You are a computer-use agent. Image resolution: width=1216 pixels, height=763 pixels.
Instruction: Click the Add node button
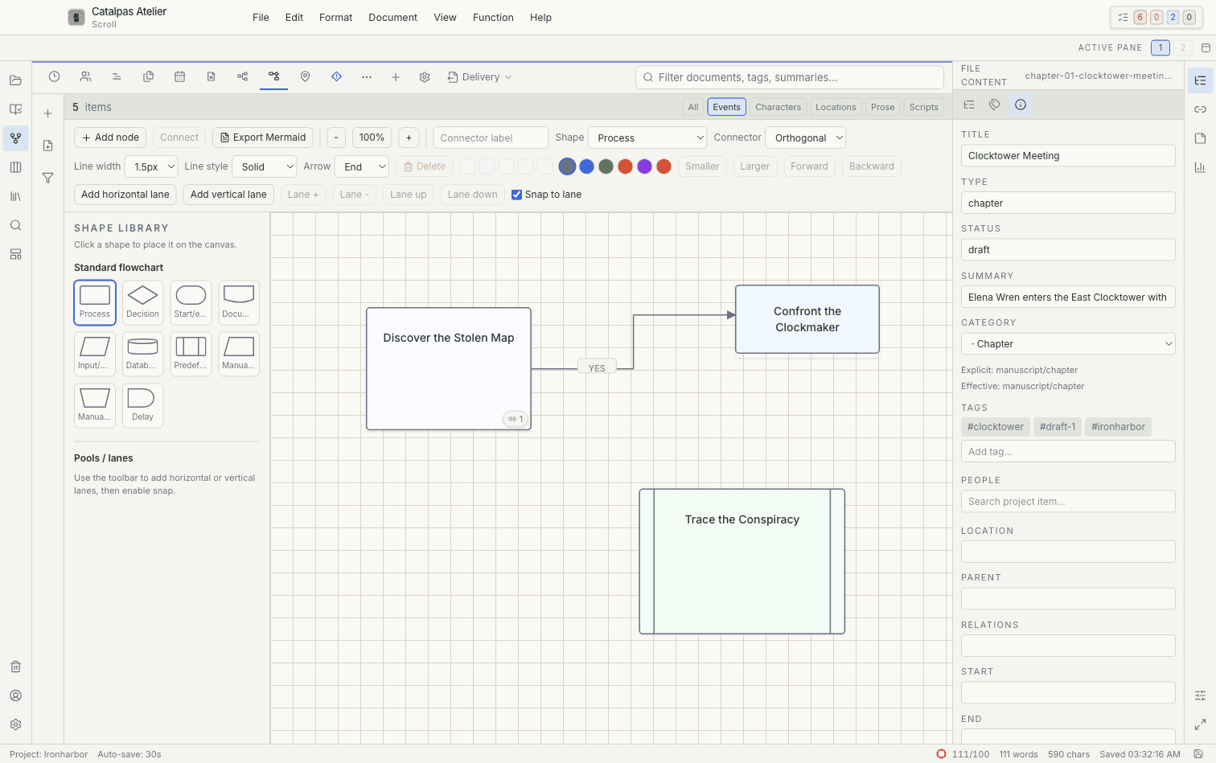click(x=110, y=137)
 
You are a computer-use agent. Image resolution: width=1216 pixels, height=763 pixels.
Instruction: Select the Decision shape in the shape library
click(x=142, y=302)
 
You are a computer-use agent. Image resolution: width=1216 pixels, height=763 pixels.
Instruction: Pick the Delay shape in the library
click(x=142, y=405)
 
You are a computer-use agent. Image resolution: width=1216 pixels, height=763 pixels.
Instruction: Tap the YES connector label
click(x=597, y=368)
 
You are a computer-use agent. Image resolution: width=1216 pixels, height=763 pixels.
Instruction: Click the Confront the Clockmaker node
click(x=807, y=319)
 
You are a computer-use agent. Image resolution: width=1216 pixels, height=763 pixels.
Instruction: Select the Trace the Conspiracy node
click(x=742, y=561)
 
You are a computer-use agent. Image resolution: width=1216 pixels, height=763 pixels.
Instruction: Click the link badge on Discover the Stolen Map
click(x=516, y=419)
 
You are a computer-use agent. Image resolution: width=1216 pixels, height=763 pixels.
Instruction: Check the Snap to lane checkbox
click(x=517, y=195)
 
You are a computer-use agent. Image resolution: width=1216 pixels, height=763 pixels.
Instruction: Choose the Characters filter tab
click(x=778, y=107)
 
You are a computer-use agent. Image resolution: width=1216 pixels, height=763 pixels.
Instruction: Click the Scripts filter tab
click(x=923, y=107)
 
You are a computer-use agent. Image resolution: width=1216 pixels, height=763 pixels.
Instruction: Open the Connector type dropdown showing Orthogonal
click(x=806, y=137)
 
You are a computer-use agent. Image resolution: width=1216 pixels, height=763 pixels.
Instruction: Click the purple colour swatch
click(x=644, y=166)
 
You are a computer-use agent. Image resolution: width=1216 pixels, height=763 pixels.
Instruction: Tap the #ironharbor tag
click(x=1118, y=427)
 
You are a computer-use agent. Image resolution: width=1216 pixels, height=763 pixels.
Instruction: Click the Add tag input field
click(x=1068, y=452)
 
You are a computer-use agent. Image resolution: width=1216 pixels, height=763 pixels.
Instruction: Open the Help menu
click(x=540, y=18)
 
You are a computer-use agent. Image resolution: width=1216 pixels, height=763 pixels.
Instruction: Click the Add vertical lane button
click(x=228, y=195)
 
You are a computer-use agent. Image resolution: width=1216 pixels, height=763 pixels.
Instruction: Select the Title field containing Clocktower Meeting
click(x=1068, y=156)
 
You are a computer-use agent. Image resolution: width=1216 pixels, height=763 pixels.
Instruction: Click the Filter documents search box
click(x=789, y=77)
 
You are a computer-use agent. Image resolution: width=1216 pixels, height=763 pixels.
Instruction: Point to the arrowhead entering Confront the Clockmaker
click(x=731, y=314)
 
